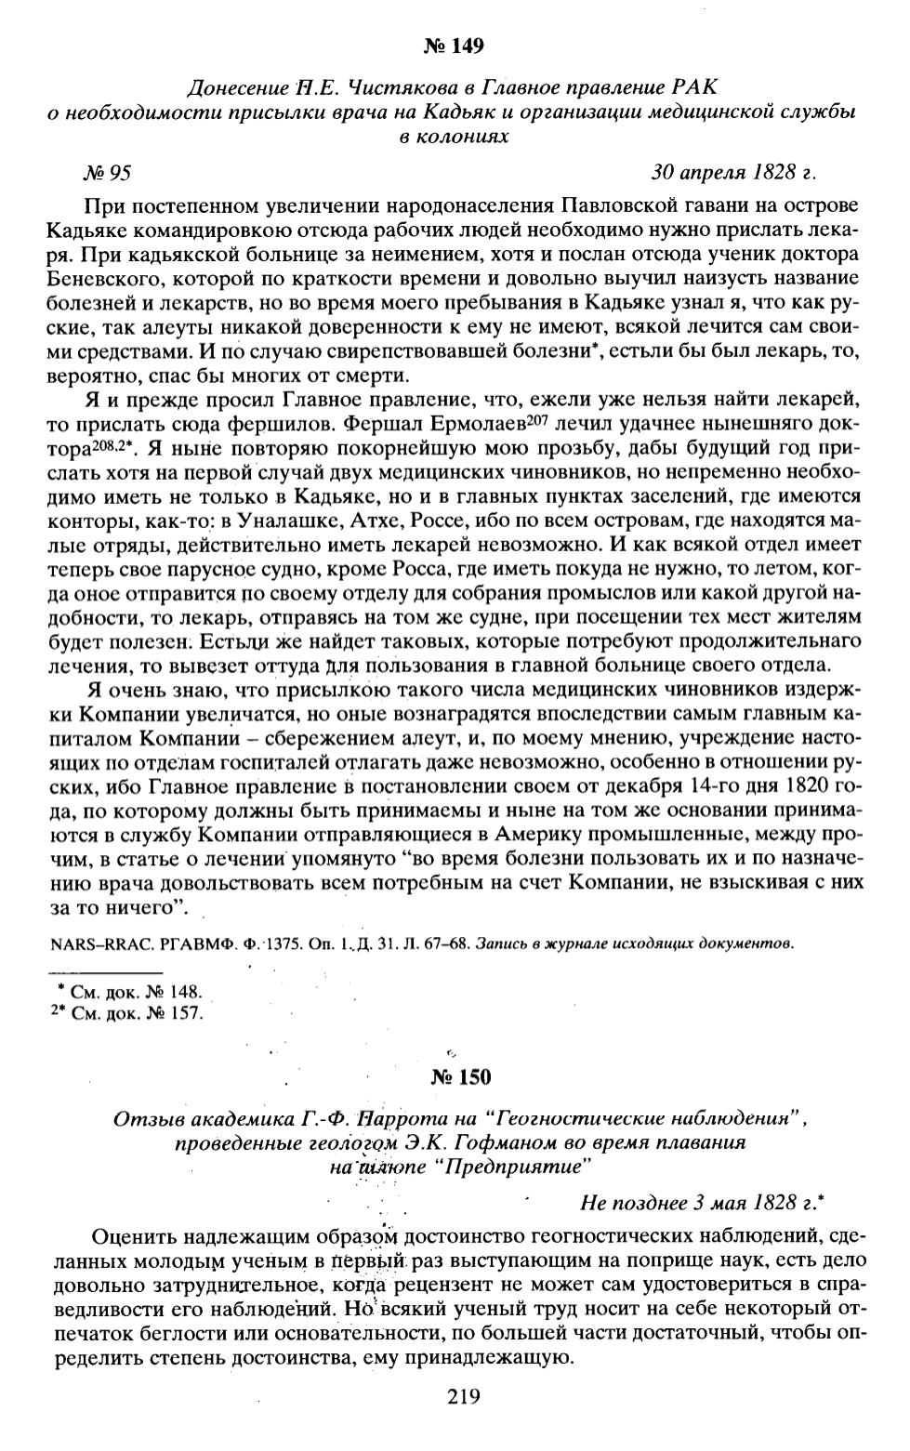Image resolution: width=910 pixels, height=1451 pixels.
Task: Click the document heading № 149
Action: pos(455,45)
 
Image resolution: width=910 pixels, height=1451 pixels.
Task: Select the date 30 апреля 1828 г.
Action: pos(733,172)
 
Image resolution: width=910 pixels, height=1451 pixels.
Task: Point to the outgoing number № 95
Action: pos(108,172)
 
